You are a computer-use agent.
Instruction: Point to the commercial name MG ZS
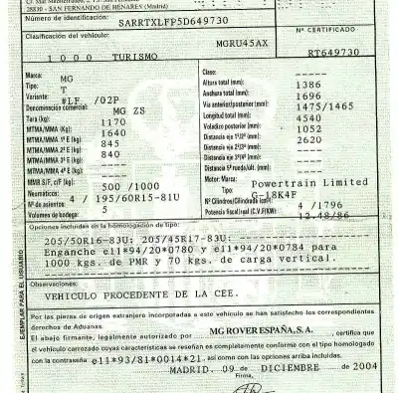tap(133, 108)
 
